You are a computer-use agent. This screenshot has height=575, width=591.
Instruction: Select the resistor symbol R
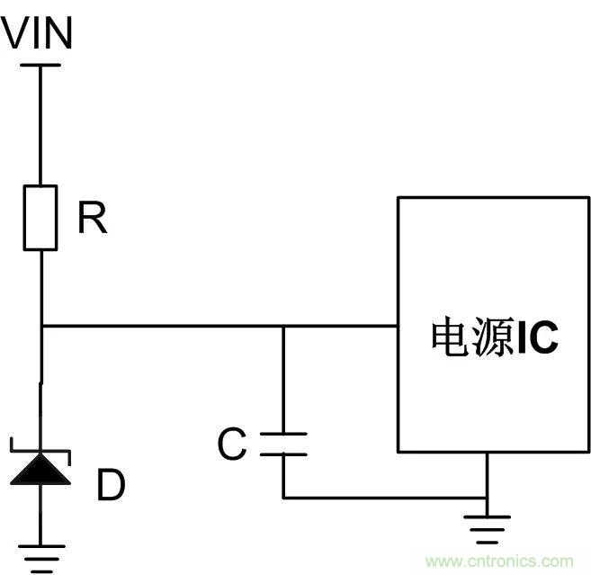click(x=40, y=217)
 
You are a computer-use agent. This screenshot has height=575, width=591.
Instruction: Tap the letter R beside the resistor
click(x=92, y=219)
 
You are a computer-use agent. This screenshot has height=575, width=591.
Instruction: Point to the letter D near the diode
click(x=111, y=486)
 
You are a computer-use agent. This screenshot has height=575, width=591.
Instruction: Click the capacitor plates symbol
click(x=282, y=444)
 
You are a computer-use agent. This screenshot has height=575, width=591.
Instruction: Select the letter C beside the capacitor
click(x=232, y=445)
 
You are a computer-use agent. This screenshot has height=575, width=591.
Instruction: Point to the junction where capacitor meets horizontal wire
click(x=282, y=326)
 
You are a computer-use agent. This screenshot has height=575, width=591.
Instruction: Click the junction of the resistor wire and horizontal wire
click(x=40, y=326)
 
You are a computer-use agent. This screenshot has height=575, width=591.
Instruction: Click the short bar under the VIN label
click(x=40, y=65)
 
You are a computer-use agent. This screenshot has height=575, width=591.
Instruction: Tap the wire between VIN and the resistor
click(x=40, y=126)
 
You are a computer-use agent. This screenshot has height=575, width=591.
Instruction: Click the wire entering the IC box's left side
click(x=360, y=326)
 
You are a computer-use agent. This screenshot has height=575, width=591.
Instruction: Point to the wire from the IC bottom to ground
click(x=486, y=477)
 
